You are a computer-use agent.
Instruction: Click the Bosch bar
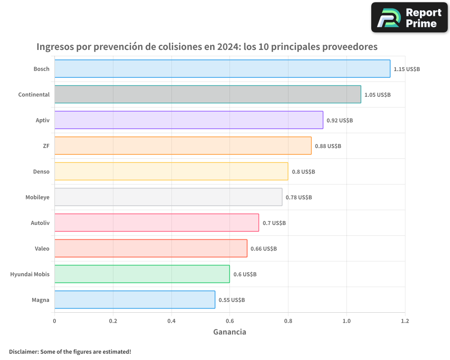[222, 69]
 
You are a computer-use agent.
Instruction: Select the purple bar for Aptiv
[189, 120]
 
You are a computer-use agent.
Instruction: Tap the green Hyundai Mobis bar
[142, 274]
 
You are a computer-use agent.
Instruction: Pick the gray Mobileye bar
[168, 197]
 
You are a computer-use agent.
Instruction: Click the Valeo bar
[151, 248]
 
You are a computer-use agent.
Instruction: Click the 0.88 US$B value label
[328, 146]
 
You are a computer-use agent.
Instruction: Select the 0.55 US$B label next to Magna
[232, 300]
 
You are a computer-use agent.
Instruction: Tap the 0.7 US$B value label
[274, 223]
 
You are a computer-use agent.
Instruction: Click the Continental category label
[34, 94]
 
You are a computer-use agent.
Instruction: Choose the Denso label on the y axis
[41, 171]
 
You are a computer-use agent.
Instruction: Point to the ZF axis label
[46, 146]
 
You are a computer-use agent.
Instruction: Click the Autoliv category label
[40, 223]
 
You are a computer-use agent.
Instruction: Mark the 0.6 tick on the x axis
[229, 321]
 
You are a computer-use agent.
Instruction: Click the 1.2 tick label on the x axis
[405, 321]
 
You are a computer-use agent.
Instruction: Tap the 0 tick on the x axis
[54, 321]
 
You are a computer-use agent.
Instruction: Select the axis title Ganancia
[229, 332]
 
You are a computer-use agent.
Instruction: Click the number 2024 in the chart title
[229, 47]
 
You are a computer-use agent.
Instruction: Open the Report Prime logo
[409, 18]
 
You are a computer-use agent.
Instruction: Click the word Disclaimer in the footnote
[23, 351]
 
